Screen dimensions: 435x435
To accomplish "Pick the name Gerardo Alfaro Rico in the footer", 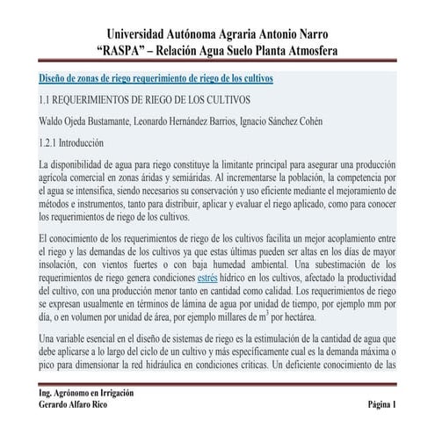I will [x=75, y=406].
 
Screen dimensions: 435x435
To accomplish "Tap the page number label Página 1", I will [x=382, y=406].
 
